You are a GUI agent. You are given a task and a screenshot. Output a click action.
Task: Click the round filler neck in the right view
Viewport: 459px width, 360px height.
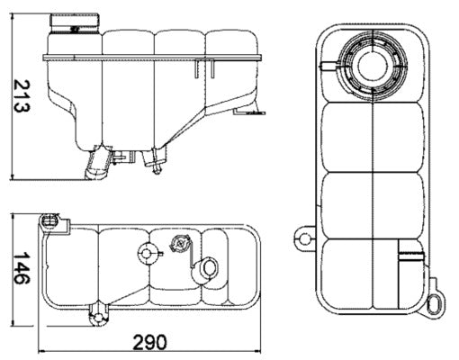[371, 64]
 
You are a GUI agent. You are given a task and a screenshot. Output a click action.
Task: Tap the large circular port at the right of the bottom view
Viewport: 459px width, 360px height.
[208, 267]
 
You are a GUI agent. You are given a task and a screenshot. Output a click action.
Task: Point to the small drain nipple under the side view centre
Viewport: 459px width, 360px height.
[158, 165]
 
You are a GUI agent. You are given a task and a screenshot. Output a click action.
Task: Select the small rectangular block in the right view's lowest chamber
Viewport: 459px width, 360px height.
[410, 257]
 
